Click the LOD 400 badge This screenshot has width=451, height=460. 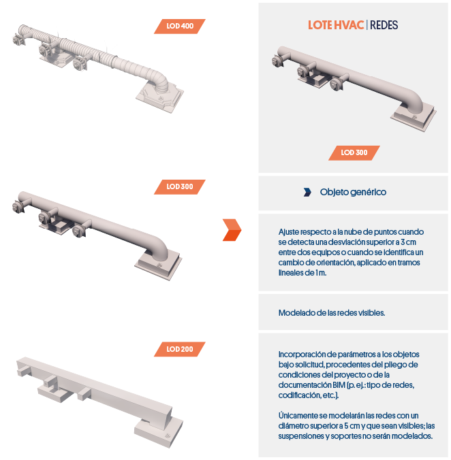pyautogui.click(x=180, y=26)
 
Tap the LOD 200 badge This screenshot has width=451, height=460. pyautogui.click(x=180, y=349)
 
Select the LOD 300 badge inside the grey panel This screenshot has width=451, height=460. pyautogui.click(x=354, y=152)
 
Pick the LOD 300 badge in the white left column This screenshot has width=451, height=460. pyautogui.click(x=180, y=186)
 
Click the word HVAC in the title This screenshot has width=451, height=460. pyautogui.click(x=349, y=25)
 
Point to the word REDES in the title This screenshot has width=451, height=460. pyautogui.click(x=384, y=25)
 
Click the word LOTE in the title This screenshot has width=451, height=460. pyautogui.click(x=320, y=25)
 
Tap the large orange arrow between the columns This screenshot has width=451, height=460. pyautogui.click(x=232, y=230)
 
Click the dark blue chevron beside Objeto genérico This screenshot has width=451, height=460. pyautogui.click(x=307, y=192)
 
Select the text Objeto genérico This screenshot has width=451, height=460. pyautogui.click(x=353, y=192)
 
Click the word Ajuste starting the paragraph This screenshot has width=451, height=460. pyautogui.click(x=290, y=232)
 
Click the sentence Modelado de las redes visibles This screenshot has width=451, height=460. pyautogui.click(x=332, y=313)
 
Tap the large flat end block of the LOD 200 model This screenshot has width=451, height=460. pyautogui.click(x=159, y=432)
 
